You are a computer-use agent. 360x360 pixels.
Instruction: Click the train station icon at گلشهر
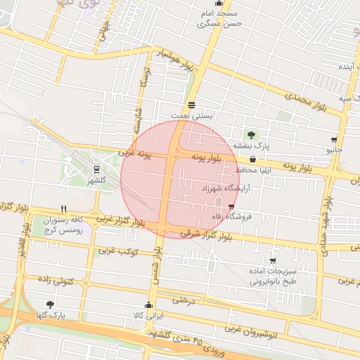pos(97,169)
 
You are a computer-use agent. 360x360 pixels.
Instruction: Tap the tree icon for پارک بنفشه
pos(250,134)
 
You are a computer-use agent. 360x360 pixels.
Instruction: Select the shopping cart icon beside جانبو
pos(333,140)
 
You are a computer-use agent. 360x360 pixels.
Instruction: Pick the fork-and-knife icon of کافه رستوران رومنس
pos(64,209)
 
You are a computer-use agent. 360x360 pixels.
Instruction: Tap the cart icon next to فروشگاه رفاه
pos(231,207)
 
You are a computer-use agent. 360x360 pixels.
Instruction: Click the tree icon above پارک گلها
pos(49,304)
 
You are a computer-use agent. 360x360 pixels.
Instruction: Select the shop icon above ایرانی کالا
pos(148,305)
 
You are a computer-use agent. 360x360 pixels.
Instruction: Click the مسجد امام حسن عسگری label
pos(219,18)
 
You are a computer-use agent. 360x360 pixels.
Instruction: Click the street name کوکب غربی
pos(117,250)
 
